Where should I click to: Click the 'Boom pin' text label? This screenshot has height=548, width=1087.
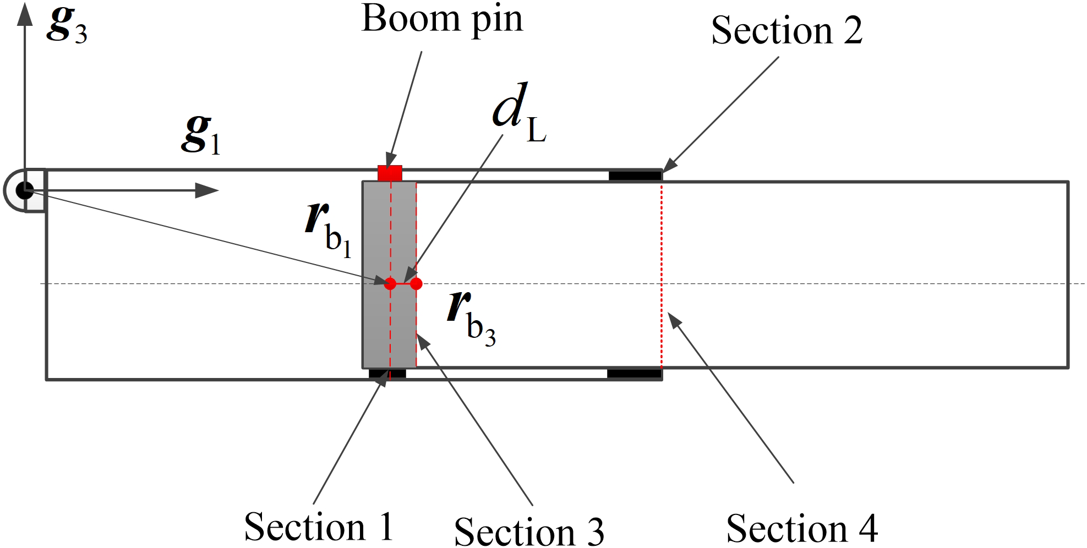(x=441, y=20)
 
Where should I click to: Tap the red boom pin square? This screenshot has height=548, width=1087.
(x=390, y=173)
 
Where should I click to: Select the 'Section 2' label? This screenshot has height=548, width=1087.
(x=786, y=30)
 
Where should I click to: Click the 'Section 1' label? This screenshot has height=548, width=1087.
(x=319, y=527)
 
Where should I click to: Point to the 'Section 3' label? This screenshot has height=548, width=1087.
(x=529, y=531)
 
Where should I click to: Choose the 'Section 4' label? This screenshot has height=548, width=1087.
(x=802, y=528)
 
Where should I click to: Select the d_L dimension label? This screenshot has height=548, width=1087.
(x=518, y=114)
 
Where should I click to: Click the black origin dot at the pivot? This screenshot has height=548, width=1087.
(x=25, y=191)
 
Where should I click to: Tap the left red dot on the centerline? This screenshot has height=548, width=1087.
(x=390, y=284)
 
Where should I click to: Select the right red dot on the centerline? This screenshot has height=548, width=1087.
(x=416, y=284)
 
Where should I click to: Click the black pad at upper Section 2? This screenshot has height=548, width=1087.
(x=635, y=176)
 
